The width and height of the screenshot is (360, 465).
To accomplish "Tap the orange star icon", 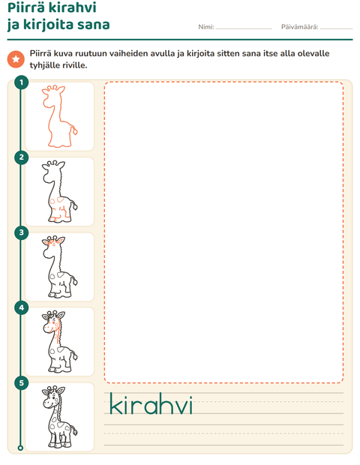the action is tap(16, 59).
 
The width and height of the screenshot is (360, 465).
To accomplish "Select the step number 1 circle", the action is tap(21, 82).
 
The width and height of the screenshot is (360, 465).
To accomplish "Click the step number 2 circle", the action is tap(21, 157).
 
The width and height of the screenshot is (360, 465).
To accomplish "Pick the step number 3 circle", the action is tap(21, 232).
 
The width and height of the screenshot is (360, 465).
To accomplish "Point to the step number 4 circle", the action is tap(21, 307).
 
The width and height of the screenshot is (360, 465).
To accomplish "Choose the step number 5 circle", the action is tap(21, 382).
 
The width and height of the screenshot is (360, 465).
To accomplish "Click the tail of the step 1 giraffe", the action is tap(73, 130).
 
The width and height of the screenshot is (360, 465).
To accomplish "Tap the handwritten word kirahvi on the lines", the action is tap(151, 403).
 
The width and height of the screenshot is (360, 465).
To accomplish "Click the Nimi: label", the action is tap(206, 27).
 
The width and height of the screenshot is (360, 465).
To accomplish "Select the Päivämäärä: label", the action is tap(299, 27).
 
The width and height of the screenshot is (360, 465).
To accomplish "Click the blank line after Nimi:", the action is tap(244, 28).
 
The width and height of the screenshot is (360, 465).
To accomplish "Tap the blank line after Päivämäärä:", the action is tap(337, 28).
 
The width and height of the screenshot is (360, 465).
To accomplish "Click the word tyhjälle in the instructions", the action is tap(44, 65).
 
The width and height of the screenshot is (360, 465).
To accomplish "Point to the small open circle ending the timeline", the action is tap(20, 448).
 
